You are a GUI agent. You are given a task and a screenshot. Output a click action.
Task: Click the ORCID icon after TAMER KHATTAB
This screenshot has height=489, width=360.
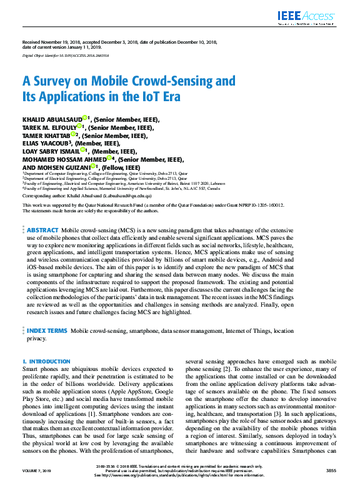tap(73, 134)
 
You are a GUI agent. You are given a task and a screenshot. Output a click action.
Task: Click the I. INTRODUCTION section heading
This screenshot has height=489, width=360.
tap(46, 362)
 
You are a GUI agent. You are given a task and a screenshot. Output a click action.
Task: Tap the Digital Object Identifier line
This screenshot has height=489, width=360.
tap(66, 56)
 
